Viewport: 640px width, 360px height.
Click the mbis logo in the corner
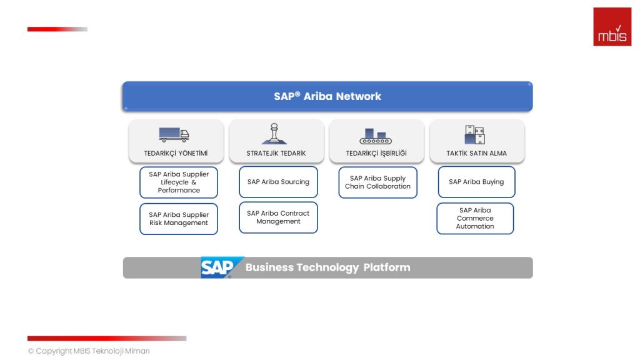612,27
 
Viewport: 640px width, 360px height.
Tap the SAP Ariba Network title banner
327,96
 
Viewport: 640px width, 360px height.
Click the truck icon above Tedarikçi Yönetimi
174,134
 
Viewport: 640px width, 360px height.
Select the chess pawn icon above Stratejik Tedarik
274,134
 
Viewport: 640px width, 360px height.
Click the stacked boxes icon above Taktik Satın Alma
475,134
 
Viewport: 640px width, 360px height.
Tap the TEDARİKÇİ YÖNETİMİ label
176,153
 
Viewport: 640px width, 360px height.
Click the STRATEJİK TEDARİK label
276,153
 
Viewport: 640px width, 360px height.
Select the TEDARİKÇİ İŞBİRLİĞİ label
376,153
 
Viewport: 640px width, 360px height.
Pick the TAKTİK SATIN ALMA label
476,153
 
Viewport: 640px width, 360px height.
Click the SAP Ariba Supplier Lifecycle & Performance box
179,182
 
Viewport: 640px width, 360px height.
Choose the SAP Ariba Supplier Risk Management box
179,219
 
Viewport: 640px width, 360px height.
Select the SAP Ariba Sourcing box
278,182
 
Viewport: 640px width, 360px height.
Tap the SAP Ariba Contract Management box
278,217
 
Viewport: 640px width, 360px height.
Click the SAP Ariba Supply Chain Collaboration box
377,182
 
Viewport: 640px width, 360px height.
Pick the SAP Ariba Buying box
476,182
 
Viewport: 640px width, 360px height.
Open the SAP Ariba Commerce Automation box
475,218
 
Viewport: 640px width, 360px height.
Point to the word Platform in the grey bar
387,267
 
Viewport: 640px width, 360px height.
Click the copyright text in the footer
89,351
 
